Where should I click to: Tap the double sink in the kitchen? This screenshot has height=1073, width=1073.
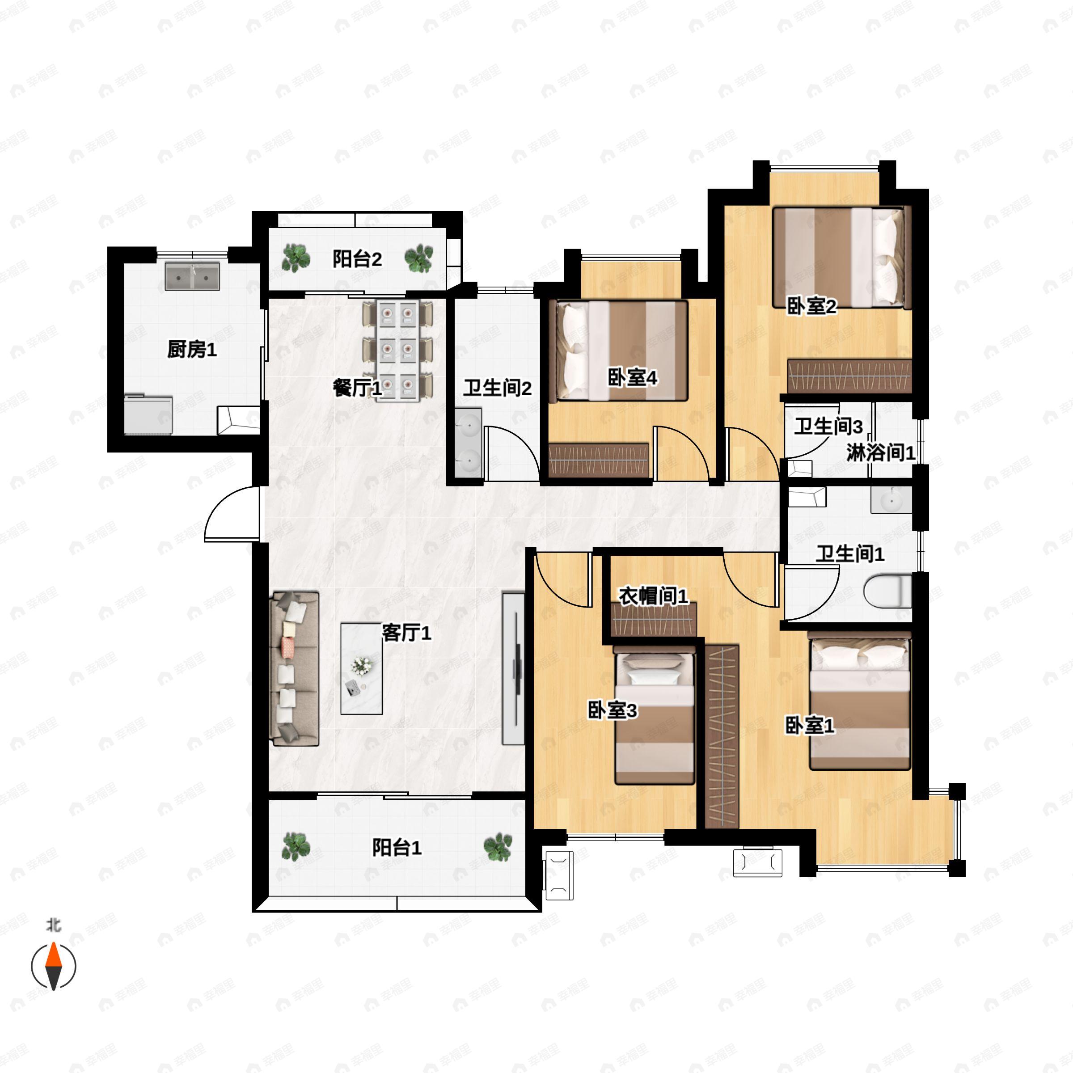click(192, 277)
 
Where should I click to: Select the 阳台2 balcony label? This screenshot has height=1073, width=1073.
click(357, 259)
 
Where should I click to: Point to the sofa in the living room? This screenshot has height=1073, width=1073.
click(294, 669)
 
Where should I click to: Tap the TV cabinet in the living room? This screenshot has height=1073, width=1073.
click(513, 669)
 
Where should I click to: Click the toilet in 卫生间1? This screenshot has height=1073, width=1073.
click(888, 592)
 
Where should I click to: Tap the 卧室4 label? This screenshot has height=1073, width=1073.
click(633, 378)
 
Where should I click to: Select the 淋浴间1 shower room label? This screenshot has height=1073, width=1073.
click(881, 452)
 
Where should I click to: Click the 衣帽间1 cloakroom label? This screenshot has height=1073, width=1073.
click(654, 596)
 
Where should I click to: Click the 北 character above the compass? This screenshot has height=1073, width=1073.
click(53, 925)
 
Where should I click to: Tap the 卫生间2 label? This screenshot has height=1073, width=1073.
click(498, 388)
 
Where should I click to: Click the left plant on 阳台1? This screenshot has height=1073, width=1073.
click(296, 846)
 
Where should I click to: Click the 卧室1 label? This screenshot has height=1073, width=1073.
click(810, 725)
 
